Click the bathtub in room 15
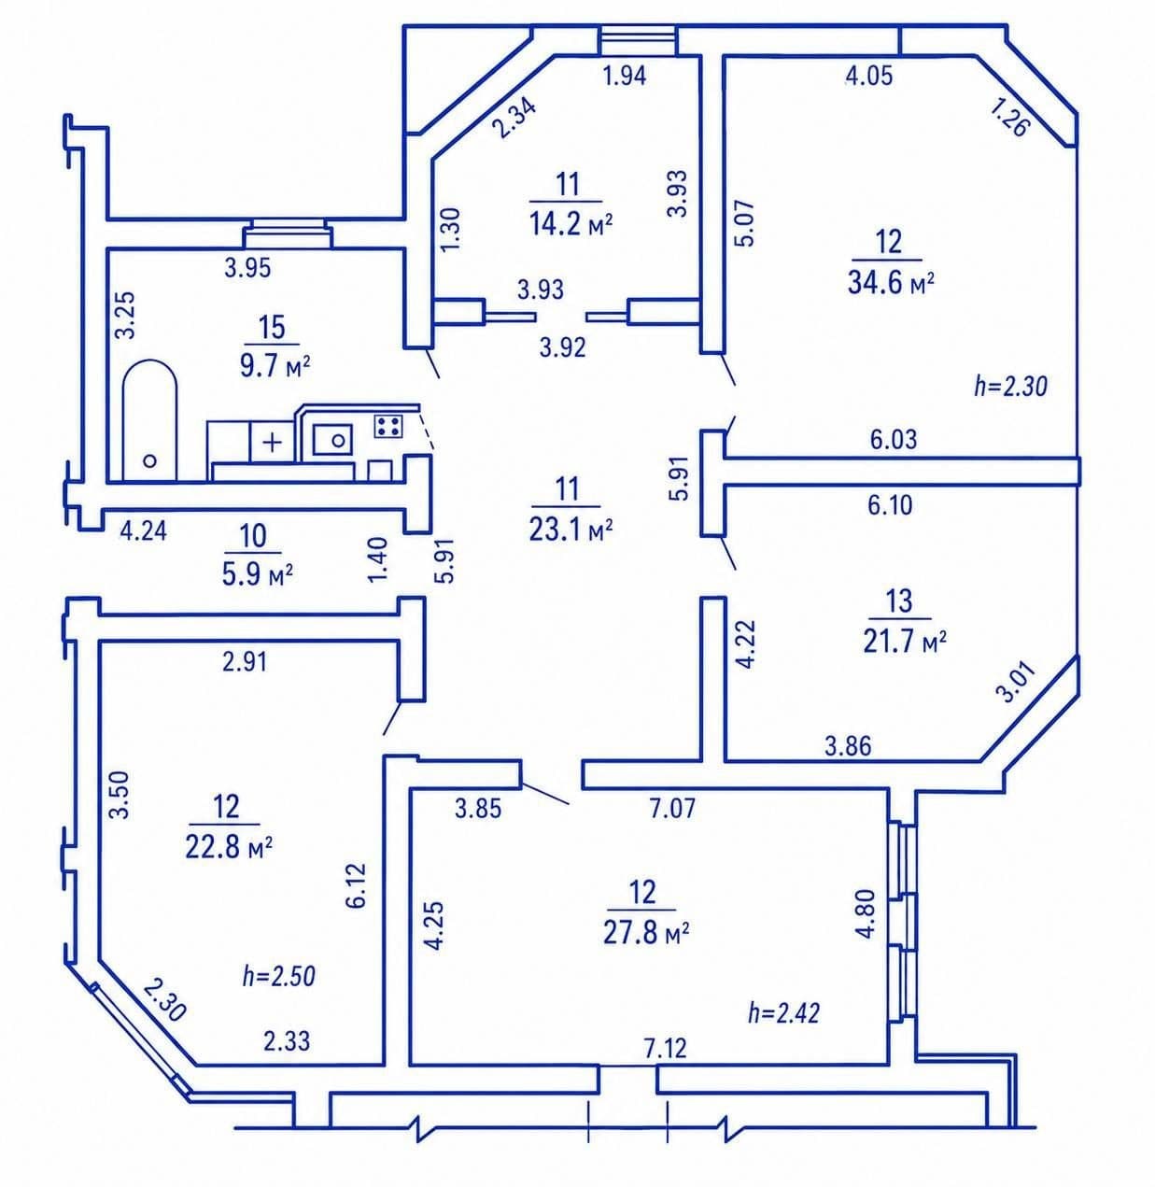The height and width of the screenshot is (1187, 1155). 150,421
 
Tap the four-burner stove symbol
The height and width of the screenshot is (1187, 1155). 387,426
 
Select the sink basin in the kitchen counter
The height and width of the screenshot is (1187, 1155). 332,439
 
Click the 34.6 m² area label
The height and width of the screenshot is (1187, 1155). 891,283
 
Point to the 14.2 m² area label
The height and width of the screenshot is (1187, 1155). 570,224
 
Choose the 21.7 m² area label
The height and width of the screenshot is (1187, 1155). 905,641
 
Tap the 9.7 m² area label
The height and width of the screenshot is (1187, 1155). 275,367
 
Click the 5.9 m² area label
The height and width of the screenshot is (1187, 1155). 258,574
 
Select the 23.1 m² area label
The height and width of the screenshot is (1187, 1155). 570,529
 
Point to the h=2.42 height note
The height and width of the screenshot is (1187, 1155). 783,1013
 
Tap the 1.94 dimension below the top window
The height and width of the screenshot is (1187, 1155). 625,76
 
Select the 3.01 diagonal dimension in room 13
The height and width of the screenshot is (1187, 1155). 1019,682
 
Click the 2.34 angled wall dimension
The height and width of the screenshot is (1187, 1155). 514,118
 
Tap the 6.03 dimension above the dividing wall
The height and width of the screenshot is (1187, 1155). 894,439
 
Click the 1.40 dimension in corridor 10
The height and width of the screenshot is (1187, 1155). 378,559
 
